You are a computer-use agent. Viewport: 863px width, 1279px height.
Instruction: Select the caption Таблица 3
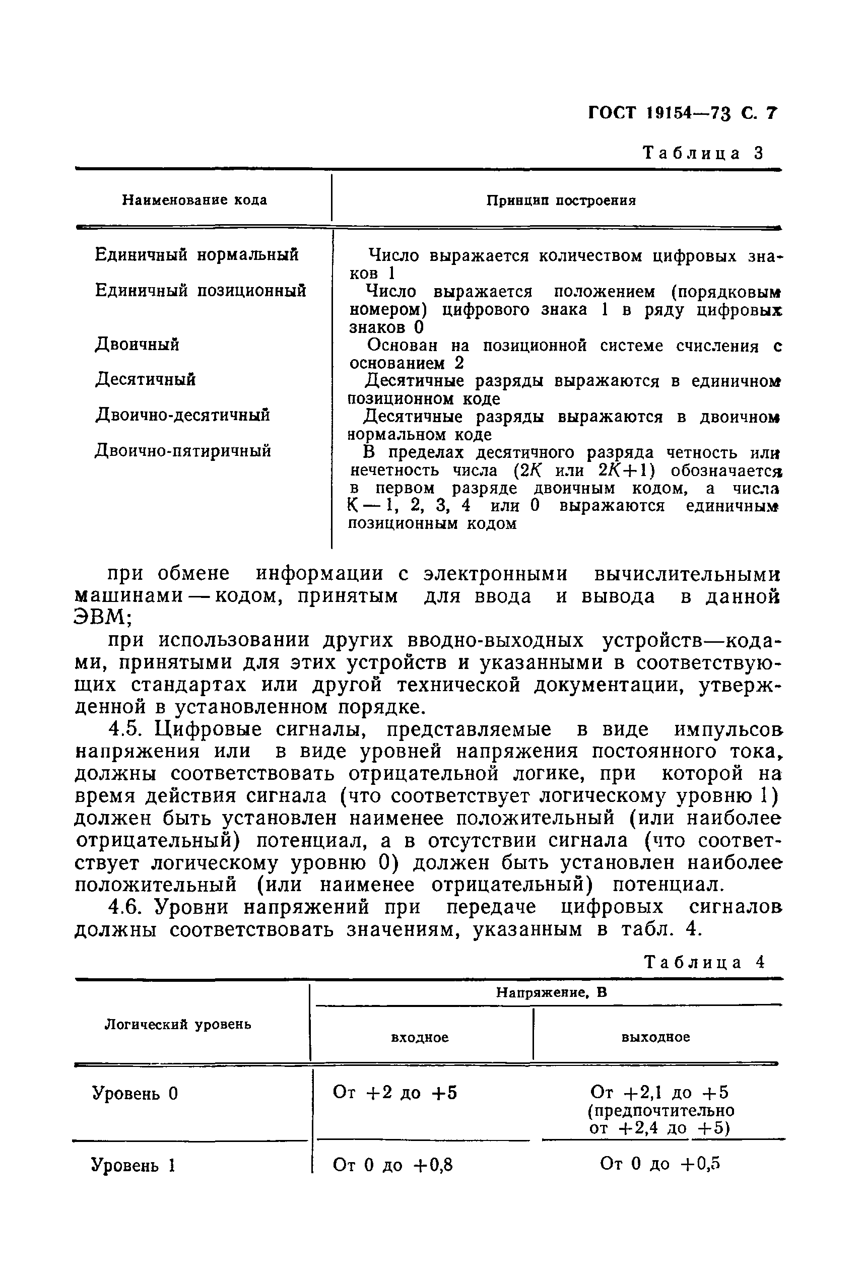click(x=704, y=153)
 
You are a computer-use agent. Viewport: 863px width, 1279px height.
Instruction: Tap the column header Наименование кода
click(x=194, y=200)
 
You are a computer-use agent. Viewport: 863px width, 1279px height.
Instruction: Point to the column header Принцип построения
click(x=561, y=200)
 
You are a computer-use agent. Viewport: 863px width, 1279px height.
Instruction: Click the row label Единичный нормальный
click(x=197, y=255)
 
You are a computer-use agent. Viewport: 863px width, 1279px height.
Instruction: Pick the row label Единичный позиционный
click(x=201, y=290)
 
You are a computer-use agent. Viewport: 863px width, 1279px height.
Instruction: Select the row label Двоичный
click(x=138, y=345)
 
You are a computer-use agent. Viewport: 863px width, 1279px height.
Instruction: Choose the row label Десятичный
click(x=145, y=380)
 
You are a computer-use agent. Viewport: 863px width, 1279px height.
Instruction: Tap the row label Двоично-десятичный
click(x=183, y=415)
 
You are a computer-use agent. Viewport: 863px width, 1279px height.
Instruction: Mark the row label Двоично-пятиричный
click(x=183, y=451)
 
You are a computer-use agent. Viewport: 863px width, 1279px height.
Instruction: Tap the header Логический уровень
click(x=178, y=1024)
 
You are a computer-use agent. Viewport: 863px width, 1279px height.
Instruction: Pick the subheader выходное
click(x=655, y=1037)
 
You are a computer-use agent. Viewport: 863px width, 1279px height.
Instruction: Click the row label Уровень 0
click(x=136, y=1093)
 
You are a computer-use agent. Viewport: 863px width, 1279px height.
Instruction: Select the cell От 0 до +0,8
click(x=393, y=1165)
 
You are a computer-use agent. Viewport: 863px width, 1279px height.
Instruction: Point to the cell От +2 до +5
click(x=395, y=1093)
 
